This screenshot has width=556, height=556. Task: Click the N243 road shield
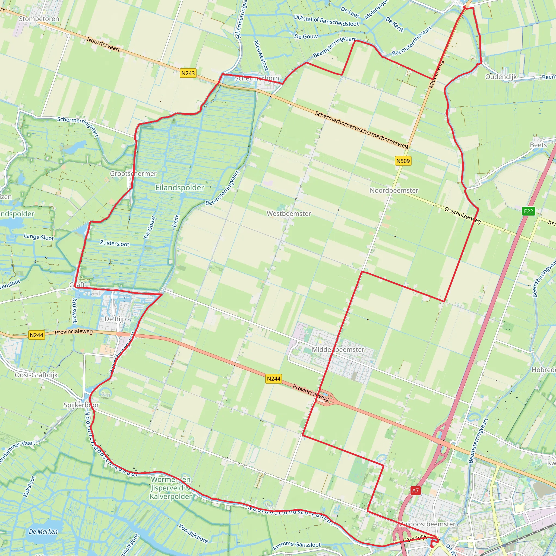pyautogui.click(x=188, y=73)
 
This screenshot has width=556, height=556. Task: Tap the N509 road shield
pyautogui.click(x=403, y=161)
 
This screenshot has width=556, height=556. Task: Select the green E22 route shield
pyautogui.click(x=528, y=211)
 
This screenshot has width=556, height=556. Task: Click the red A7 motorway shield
pyautogui.click(x=415, y=490)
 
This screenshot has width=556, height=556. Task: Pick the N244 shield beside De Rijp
pyautogui.click(x=37, y=335)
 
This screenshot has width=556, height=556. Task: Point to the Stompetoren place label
pyautogui.click(x=39, y=19)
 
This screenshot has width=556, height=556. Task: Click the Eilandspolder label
pyautogui.click(x=179, y=188)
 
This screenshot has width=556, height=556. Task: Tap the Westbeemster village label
pyautogui.click(x=289, y=214)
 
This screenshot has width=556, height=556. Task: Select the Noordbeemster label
pyautogui.click(x=394, y=190)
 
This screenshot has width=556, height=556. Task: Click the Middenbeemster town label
pyautogui.click(x=338, y=349)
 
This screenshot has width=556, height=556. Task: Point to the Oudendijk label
pyautogui.click(x=501, y=77)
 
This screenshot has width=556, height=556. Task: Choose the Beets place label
pyautogui.click(x=538, y=145)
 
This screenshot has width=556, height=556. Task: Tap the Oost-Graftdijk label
pyautogui.click(x=36, y=375)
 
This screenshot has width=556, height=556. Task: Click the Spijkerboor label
pyautogui.click(x=81, y=405)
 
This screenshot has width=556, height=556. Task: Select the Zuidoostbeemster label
pyautogui.click(x=427, y=524)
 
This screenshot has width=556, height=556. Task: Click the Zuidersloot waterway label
pyautogui.click(x=115, y=243)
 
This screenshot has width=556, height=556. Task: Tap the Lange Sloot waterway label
pyautogui.click(x=39, y=237)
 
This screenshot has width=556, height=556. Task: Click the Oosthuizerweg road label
pyautogui.click(x=462, y=215)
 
